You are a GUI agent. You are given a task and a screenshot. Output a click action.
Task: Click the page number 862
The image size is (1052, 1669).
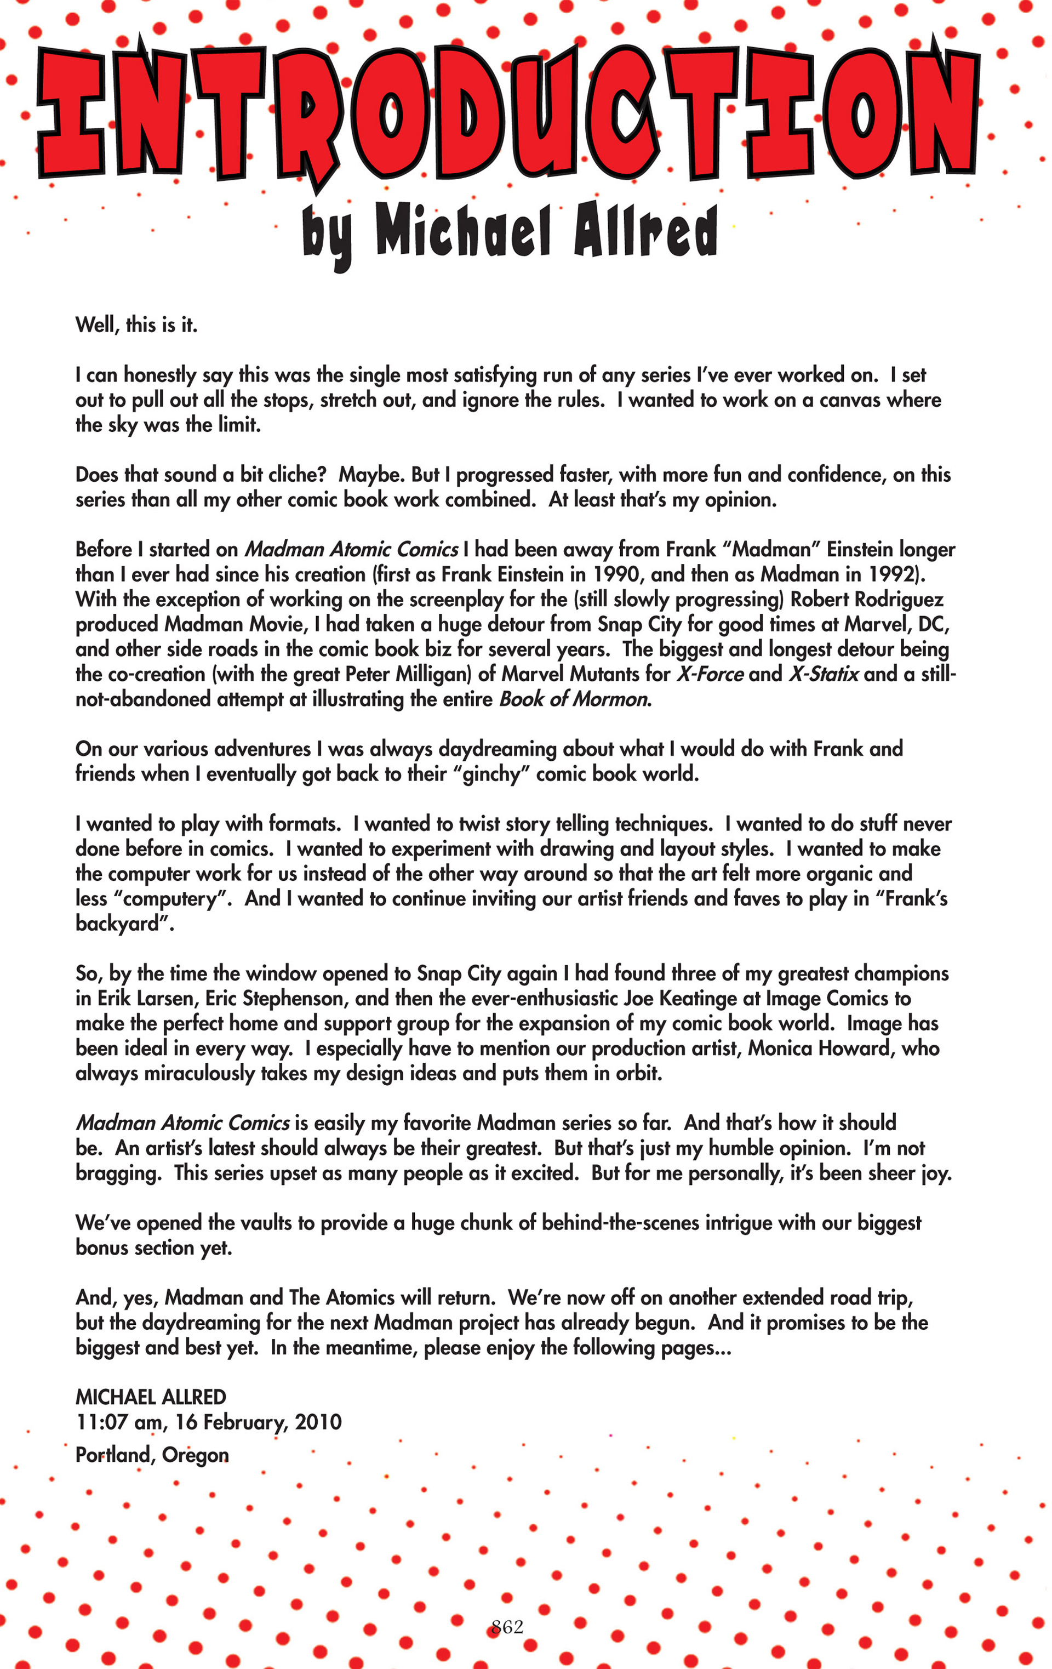(507, 1627)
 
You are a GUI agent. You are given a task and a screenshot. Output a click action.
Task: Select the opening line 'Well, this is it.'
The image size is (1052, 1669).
(136, 324)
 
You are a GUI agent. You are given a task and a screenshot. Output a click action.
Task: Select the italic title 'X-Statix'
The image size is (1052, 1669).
(824, 674)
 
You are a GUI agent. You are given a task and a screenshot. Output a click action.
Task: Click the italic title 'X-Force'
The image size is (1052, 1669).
(710, 674)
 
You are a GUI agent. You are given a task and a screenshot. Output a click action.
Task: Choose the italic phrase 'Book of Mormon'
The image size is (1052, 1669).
(574, 699)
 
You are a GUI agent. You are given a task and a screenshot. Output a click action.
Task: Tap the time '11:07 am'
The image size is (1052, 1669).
(119, 1422)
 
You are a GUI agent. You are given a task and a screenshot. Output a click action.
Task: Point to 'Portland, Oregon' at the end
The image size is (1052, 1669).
(152, 1455)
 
